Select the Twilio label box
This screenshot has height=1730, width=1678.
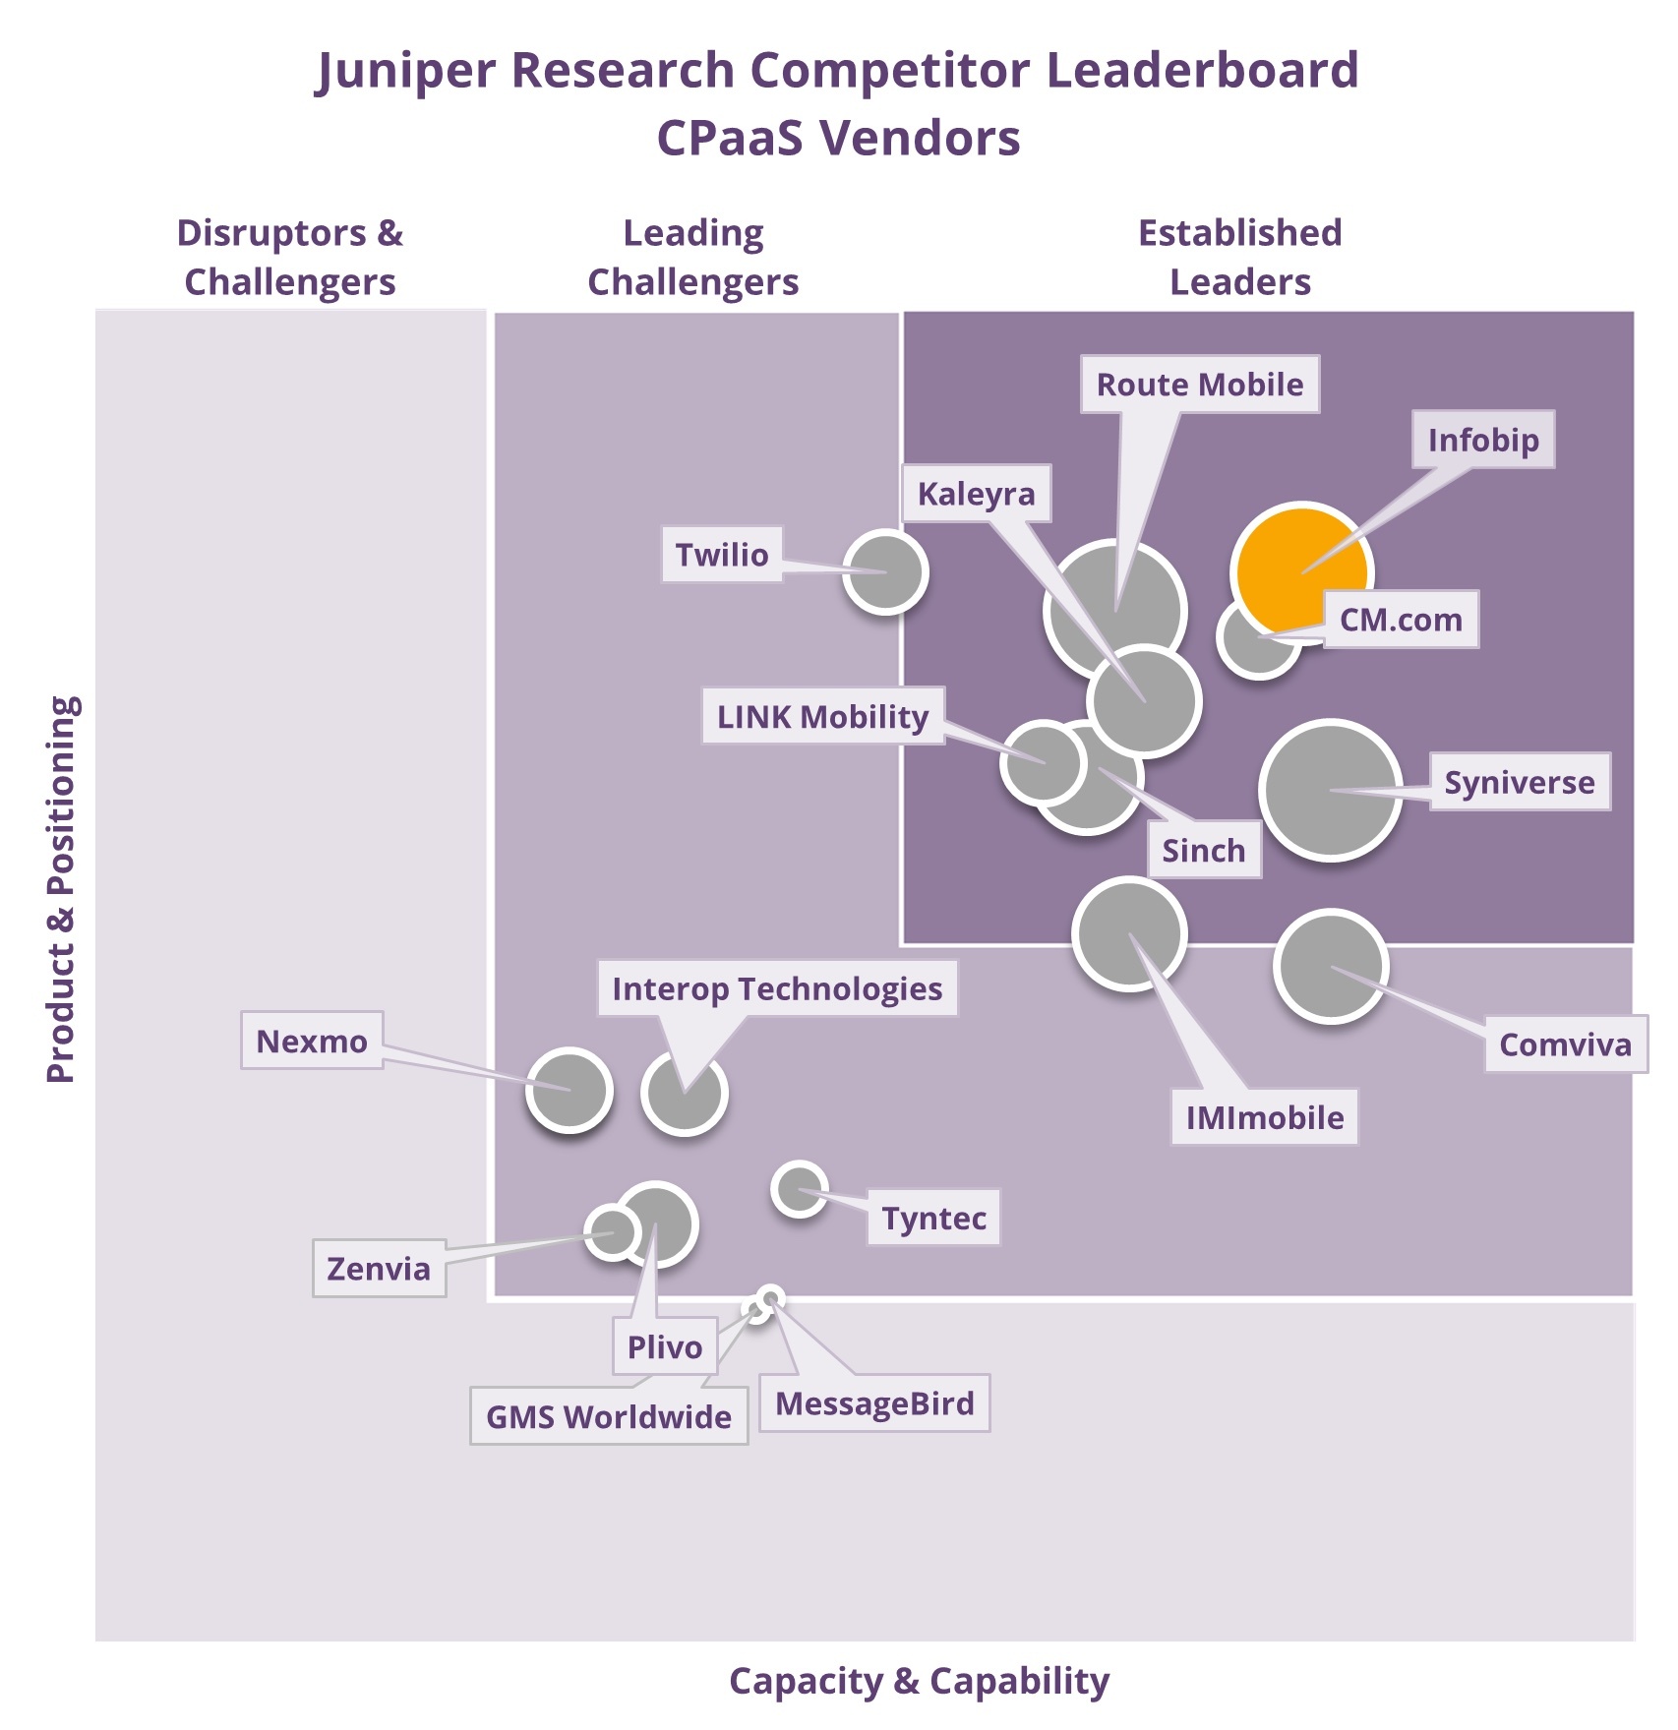(x=722, y=555)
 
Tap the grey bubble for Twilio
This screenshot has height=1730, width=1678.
(x=885, y=571)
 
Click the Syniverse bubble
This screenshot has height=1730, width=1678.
(x=1330, y=790)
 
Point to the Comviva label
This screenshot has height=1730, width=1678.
(x=1565, y=1044)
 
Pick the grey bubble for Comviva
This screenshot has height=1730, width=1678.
(x=1330, y=966)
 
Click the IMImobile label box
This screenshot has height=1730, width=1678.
(x=1264, y=1117)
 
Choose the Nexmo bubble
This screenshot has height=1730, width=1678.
(x=569, y=1090)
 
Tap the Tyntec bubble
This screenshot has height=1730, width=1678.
(x=799, y=1189)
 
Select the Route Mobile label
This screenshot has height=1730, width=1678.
(x=1200, y=385)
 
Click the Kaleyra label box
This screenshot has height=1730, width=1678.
(x=976, y=494)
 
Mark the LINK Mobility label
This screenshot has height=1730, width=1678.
(x=822, y=716)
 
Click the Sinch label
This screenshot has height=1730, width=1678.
(x=1204, y=850)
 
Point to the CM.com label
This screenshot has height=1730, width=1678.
(x=1401, y=620)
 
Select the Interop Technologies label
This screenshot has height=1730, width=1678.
(x=777, y=988)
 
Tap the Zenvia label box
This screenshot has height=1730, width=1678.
(x=379, y=1269)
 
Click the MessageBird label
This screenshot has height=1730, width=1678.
(x=874, y=1403)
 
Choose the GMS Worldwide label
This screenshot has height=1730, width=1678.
(x=609, y=1416)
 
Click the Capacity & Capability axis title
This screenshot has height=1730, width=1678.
(x=919, y=1681)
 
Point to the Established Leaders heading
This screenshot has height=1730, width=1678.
(x=1239, y=257)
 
